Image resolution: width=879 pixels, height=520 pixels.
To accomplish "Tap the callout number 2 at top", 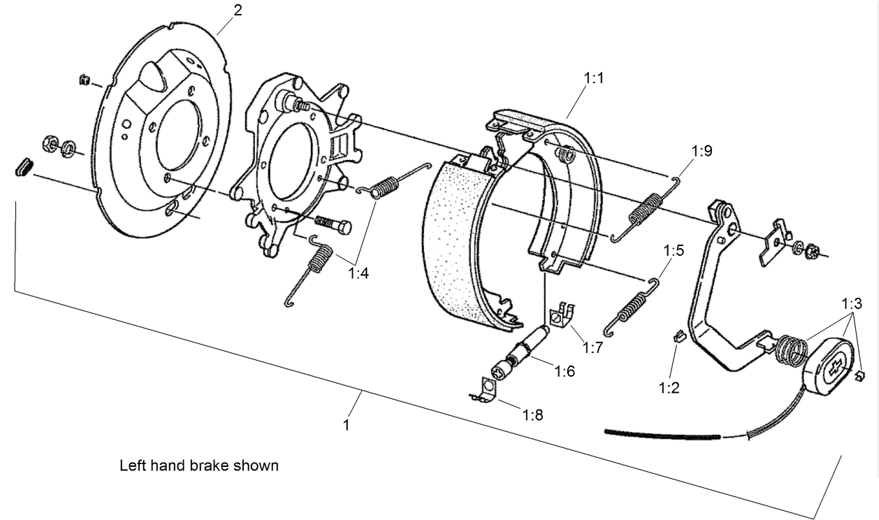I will (x=238, y=12).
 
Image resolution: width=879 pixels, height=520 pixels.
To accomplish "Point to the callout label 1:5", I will (x=674, y=250).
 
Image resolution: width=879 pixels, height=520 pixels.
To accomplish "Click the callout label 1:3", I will (x=852, y=304).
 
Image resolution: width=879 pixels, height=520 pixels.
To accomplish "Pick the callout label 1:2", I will (x=669, y=388).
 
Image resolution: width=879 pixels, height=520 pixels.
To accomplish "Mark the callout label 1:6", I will (x=564, y=371).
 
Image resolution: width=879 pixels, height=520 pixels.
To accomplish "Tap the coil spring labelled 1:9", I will (x=646, y=209).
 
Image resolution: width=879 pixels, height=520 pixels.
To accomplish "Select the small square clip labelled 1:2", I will (x=677, y=336).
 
